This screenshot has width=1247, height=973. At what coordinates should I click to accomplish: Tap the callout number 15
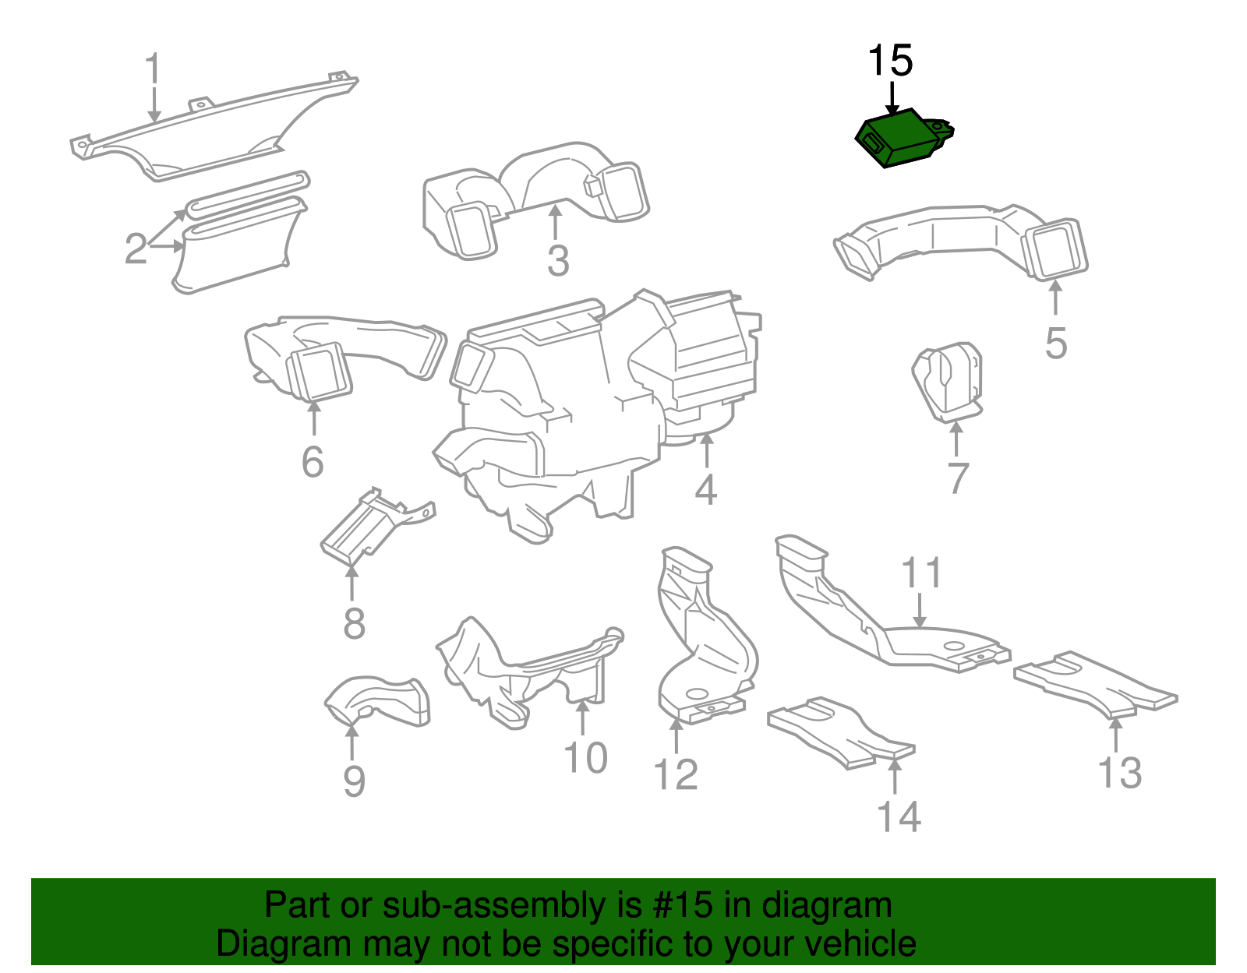coord(890,61)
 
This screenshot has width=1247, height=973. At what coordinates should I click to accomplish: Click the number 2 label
coord(136,249)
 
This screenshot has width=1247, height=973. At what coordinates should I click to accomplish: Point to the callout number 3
coord(557,260)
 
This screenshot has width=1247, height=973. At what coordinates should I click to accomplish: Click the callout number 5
coord(1055,343)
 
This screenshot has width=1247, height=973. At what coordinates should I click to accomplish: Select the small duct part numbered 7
coord(947,382)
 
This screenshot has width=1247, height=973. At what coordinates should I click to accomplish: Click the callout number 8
coord(354,624)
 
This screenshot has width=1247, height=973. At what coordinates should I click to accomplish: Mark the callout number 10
coord(585,757)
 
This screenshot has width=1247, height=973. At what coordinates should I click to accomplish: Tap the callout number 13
coord(1119,772)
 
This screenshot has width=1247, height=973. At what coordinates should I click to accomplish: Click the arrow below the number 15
coord(892,99)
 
